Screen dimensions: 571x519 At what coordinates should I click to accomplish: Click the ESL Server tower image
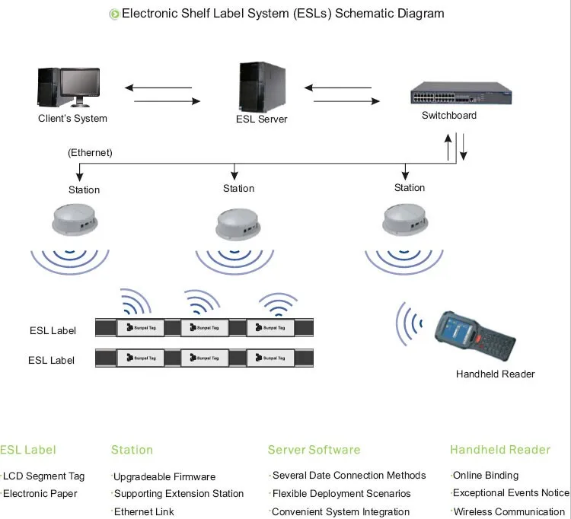(262, 87)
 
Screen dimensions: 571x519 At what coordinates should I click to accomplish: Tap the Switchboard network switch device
(461, 93)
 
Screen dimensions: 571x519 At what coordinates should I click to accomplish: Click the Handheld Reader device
(475, 336)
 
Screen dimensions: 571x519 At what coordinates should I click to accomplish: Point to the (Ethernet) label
(90, 152)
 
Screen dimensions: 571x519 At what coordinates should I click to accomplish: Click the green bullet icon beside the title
(114, 14)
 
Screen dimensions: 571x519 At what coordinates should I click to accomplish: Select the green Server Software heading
(314, 450)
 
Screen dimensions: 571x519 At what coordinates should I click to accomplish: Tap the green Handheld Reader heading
(500, 450)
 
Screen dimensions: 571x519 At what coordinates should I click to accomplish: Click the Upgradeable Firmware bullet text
(164, 477)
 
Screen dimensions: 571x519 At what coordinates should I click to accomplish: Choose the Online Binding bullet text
(486, 476)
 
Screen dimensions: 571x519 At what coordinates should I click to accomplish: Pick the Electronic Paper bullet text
(40, 494)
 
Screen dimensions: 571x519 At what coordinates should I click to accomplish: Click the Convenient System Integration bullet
(340, 511)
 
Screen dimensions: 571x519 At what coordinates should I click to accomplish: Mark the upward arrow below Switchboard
(448, 147)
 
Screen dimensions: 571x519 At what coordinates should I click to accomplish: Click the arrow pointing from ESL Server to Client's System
(158, 88)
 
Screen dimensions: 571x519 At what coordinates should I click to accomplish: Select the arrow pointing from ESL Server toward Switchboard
(346, 101)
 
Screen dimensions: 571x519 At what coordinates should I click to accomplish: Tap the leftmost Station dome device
(75, 220)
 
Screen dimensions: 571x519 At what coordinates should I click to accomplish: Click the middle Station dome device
(238, 224)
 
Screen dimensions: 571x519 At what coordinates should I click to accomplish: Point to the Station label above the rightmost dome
(410, 187)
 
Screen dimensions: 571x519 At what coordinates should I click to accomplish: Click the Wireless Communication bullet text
(509, 511)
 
